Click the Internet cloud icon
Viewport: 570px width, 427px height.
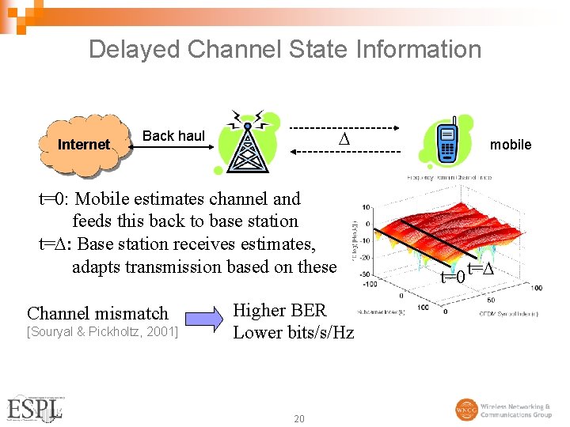tap(83, 145)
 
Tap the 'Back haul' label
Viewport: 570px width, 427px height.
tap(173, 136)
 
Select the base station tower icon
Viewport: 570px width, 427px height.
tap(247, 143)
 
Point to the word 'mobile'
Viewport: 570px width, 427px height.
tap(511, 145)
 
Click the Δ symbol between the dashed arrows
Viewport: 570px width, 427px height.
tap(343, 141)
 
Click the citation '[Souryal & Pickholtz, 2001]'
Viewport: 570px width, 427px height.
tap(102, 331)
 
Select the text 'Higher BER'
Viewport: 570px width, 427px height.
tap(279, 310)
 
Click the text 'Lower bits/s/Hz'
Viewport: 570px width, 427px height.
tap(293, 332)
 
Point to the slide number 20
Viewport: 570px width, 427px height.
tap(298, 418)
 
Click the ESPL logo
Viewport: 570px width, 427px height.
tap(36, 407)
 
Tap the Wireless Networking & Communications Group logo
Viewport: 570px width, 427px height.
tap(503, 410)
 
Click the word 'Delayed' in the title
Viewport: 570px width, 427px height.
tap(135, 49)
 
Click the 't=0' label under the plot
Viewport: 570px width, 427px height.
tap(453, 276)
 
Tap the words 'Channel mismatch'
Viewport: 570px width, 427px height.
tap(97, 313)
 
